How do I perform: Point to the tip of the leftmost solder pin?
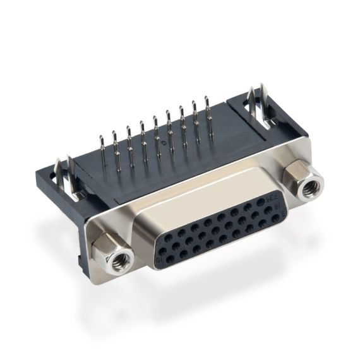(101, 136)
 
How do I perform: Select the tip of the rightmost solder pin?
(207, 97)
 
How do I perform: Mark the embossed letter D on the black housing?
(164, 145)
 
